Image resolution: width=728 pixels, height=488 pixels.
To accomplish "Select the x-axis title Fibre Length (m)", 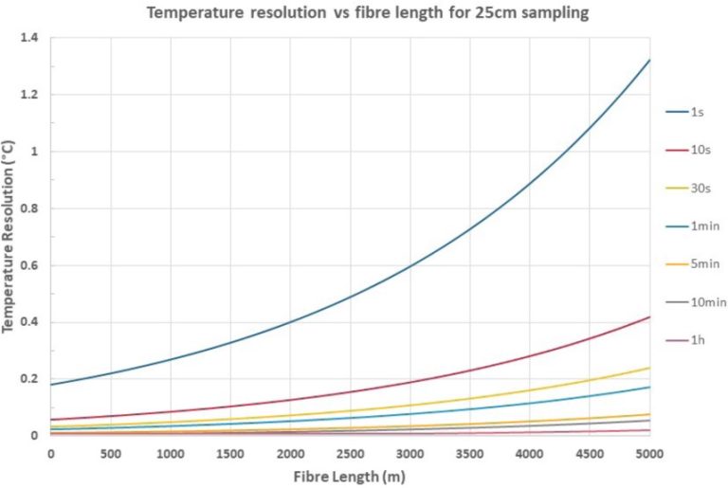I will click(350, 476).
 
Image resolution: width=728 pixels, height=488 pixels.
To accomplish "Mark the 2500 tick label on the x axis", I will click(351, 453).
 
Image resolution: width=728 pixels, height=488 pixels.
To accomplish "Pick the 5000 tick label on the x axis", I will click(650, 453).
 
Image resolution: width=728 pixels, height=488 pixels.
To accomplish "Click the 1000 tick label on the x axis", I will click(171, 453).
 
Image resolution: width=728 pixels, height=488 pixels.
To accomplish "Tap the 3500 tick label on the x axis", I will click(470, 453).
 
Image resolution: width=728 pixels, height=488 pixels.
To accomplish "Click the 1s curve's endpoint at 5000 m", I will click(650, 61).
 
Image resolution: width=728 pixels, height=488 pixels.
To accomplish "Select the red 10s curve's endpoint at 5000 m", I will click(650, 316).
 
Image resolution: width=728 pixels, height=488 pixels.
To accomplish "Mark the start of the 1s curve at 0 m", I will click(51, 385).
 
